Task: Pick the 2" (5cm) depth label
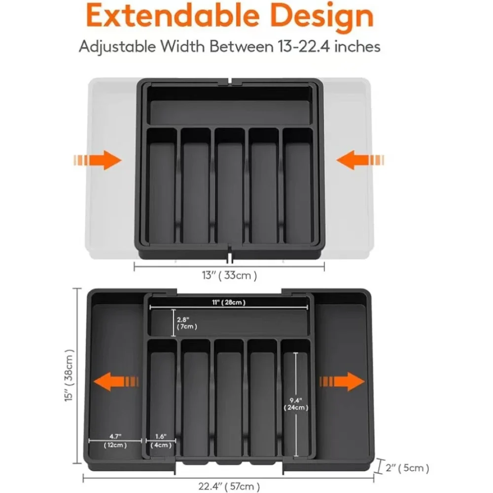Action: tap(407, 467)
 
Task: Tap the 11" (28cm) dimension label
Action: tap(229, 302)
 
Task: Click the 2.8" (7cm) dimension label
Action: tap(187, 322)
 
